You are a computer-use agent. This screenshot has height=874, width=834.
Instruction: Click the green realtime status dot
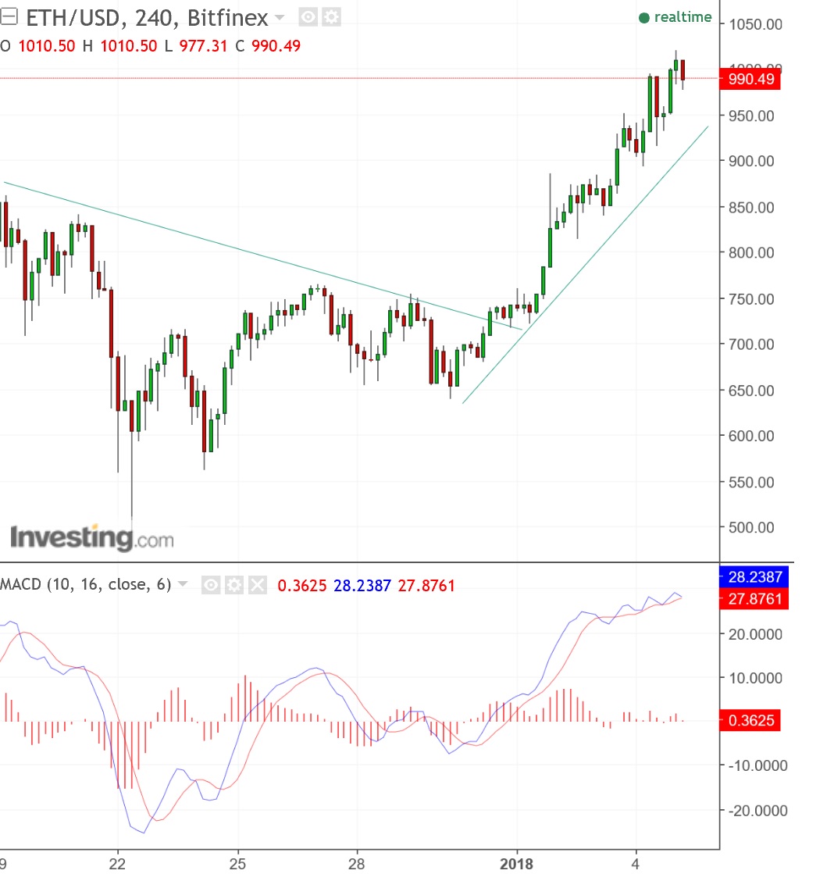point(643,18)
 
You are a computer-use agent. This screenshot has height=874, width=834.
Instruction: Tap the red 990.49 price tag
point(750,79)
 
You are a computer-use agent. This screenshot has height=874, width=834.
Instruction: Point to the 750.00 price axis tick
point(752,299)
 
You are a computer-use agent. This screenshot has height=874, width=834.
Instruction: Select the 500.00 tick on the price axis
point(752,528)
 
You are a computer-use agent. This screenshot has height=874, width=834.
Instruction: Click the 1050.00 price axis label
point(755,25)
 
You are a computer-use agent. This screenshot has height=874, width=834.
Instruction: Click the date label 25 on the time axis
point(238,863)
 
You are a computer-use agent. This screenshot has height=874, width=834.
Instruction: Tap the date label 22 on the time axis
point(118,863)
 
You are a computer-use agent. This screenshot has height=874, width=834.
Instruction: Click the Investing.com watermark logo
point(91,537)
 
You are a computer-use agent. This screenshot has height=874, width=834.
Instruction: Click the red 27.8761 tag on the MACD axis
point(750,599)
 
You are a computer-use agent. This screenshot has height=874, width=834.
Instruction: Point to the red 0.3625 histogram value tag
point(750,720)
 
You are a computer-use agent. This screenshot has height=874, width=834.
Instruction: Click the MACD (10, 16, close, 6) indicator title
point(85,584)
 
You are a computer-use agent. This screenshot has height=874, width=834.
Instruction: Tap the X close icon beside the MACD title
point(258,584)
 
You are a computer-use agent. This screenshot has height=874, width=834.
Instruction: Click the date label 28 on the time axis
point(357,863)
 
